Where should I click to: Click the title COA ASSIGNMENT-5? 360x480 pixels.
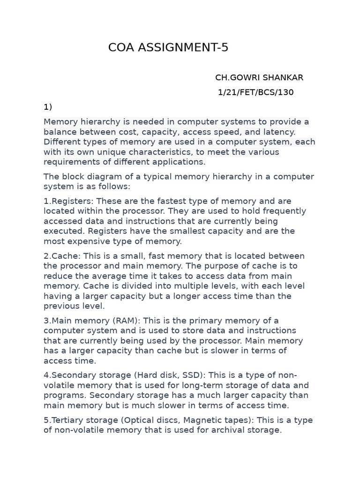tap(168, 47)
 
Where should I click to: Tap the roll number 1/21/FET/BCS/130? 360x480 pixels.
tap(256, 92)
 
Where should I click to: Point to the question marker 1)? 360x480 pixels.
tap(48, 107)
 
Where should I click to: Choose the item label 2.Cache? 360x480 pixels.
tap(63, 256)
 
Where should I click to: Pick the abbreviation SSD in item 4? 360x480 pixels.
tap(194, 375)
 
